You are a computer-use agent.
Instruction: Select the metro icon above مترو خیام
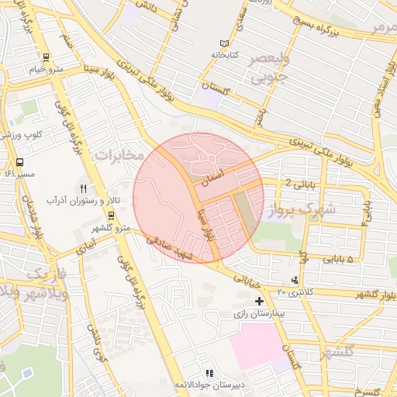47,57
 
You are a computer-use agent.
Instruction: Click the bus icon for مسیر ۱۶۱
19,163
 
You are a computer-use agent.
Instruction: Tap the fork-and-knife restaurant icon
84,188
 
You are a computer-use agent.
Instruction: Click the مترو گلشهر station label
109,227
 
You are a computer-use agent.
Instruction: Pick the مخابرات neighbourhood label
119,155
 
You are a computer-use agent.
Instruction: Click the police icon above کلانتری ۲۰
294,279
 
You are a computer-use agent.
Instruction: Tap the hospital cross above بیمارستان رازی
259,301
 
